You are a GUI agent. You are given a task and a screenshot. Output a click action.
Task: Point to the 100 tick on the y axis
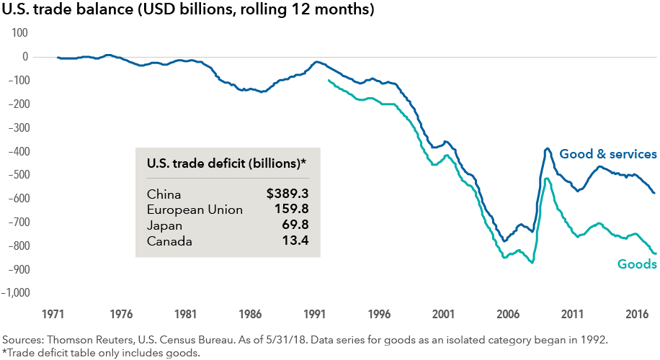[x=19, y=33]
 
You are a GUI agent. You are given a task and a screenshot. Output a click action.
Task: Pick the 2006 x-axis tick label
[x=508, y=315]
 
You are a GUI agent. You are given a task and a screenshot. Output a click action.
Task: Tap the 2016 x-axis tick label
[x=638, y=315]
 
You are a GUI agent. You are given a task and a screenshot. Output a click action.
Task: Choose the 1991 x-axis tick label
[x=314, y=315]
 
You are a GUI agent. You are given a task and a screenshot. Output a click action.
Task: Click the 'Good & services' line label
[x=608, y=154]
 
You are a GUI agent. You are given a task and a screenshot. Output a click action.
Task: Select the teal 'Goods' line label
[x=637, y=264]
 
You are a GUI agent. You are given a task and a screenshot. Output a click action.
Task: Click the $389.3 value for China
[x=287, y=194]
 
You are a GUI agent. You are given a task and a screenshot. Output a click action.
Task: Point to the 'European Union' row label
[x=195, y=210]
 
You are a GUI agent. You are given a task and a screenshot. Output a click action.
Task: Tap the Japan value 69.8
[x=295, y=226]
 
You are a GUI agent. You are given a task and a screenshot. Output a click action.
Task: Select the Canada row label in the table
[x=169, y=241]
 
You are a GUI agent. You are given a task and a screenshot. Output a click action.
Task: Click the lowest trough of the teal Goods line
[x=532, y=263]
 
